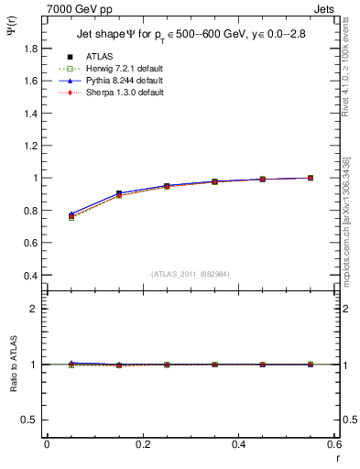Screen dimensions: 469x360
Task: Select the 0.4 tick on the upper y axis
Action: (29, 275)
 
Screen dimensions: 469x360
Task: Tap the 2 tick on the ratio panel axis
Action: (34, 309)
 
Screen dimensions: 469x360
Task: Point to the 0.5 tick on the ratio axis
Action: (29, 420)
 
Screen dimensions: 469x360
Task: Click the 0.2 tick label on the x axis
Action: (142, 444)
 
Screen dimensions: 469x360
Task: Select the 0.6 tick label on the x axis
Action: (333, 444)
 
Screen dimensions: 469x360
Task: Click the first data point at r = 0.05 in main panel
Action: (71, 215)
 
